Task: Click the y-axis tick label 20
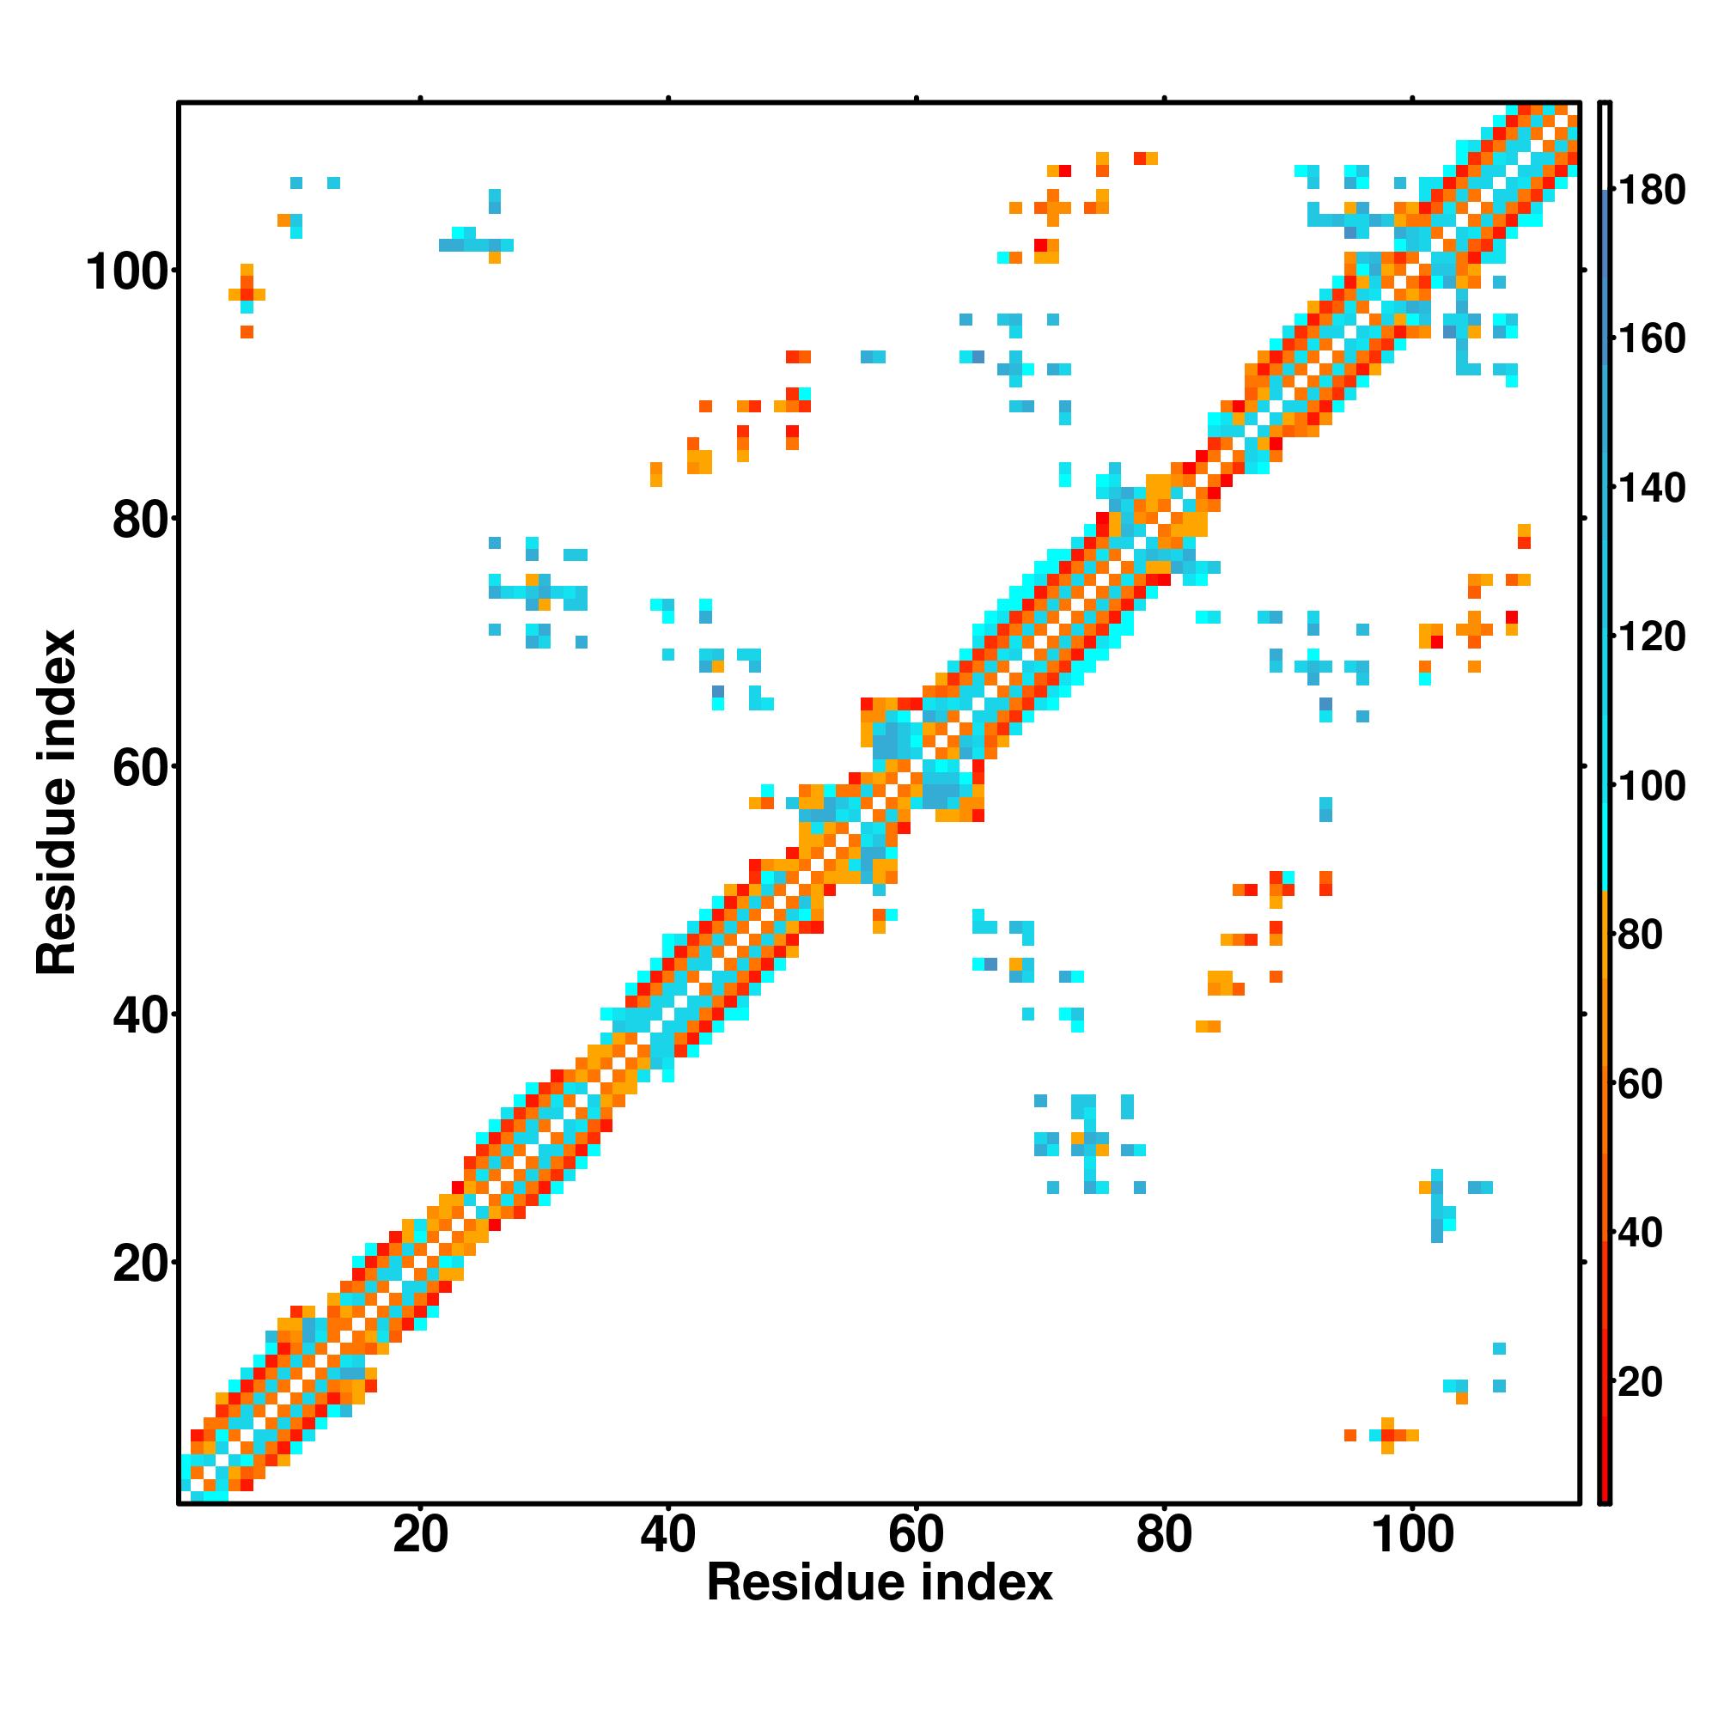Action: coord(141,1264)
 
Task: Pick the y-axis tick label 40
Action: coord(141,1015)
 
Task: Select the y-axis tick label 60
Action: coord(141,767)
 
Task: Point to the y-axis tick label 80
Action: coord(141,521)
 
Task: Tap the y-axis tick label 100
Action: coord(127,272)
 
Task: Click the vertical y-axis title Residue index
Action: coord(57,802)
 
